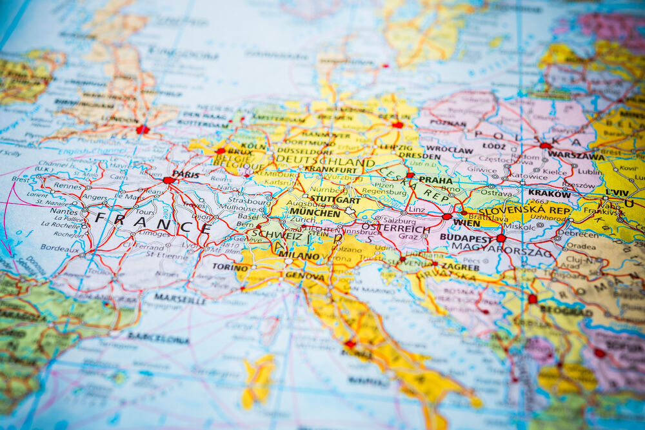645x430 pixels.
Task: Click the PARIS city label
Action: pyautogui.click(x=186, y=174)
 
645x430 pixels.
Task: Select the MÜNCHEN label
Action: pyautogui.click(x=315, y=212)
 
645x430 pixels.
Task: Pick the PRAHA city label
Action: pyautogui.click(x=436, y=180)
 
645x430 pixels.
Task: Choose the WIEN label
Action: pyautogui.click(x=466, y=223)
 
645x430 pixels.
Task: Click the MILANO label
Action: pyautogui.click(x=299, y=255)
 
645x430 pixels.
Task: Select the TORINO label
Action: pyautogui.click(x=230, y=267)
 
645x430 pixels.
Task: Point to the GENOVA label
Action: pyautogui.click(x=305, y=276)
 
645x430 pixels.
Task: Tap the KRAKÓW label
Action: pyautogui.click(x=549, y=193)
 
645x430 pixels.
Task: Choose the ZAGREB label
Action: pyautogui.click(x=459, y=266)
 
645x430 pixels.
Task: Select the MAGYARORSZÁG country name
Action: pyautogui.click(x=502, y=246)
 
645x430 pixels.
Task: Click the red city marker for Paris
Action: pyautogui.click(x=168, y=180)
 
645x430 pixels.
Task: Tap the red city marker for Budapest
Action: pyautogui.click(x=501, y=238)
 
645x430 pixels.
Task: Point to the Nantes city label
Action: pyautogui.click(x=63, y=210)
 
